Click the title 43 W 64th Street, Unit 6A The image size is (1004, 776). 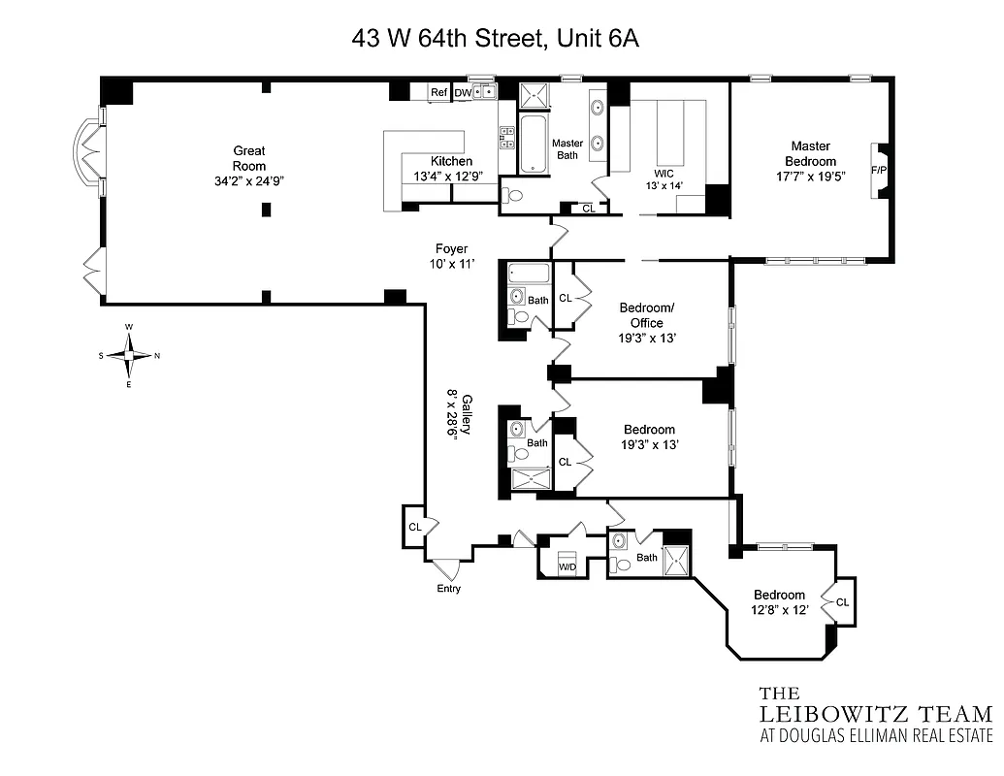coord(496,40)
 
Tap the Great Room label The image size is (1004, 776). coord(248,165)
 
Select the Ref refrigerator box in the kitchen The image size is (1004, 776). coord(439,92)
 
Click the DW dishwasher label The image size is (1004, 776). coord(463,92)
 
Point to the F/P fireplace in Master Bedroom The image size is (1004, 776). coord(879,171)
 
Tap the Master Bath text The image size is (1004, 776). coord(567,149)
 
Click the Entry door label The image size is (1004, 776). coord(448,589)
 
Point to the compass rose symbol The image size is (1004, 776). coord(129,355)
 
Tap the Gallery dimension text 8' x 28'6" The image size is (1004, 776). coord(452,416)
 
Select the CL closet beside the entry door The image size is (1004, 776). coord(414,527)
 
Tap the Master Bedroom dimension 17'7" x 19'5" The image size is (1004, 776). coord(811,177)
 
